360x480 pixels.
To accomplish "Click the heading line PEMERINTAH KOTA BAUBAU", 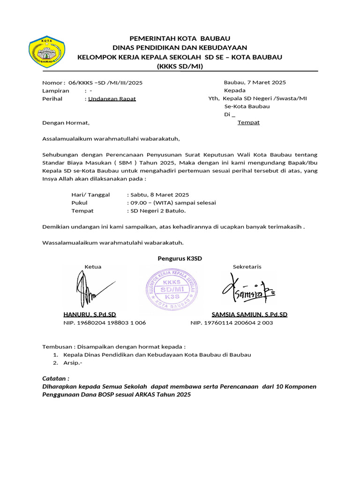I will (180, 38).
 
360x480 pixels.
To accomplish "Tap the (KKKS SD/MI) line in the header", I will (180, 66).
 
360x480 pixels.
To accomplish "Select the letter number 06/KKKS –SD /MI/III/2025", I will (105, 82).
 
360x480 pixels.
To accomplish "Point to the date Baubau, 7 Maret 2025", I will (255, 82).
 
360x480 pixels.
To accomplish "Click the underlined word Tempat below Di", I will (248, 122).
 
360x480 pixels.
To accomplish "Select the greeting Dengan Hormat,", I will (65, 123).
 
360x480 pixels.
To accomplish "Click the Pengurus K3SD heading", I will (180, 258).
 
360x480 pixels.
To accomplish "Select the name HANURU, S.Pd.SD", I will (90, 315).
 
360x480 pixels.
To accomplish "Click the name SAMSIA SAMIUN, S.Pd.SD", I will (249, 315).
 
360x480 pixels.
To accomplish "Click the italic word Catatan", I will (56, 378).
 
